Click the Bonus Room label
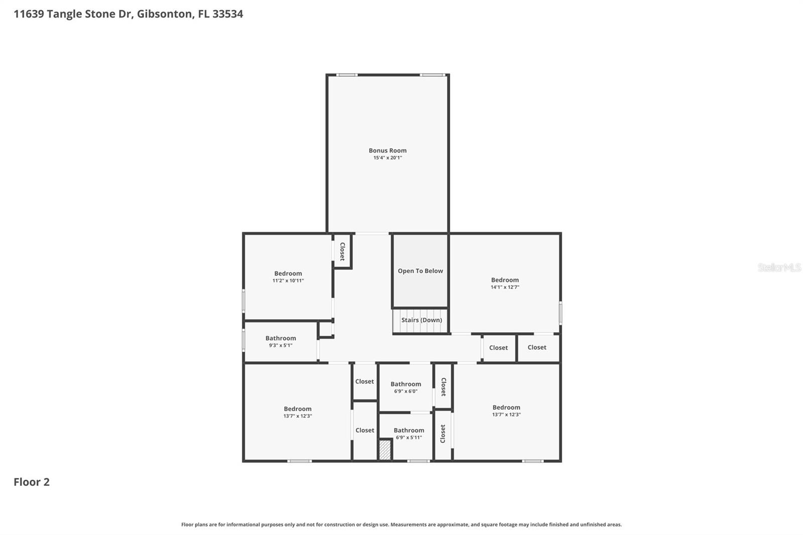click(x=387, y=150)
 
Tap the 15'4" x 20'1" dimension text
click(x=387, y=158)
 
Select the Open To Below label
click(x=420, y=271)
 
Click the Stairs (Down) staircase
click(x=421, y=321)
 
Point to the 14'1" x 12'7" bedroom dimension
click(x=505, y=287)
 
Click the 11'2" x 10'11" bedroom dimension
click(x=288, y=281)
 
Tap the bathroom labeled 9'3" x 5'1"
click(x=281, y=341)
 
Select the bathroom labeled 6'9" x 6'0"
click(x=406, y=387)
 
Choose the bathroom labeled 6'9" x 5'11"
click(x=409, y=434)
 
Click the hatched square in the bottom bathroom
click(x=385, y=450)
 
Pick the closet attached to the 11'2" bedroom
click(x=342, y=251)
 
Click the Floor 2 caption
click(x=32, y=482)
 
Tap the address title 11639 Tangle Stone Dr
click(x=128, y=14)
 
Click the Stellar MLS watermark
click(x=779, y=267)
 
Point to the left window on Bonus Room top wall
click(x=347, y=75)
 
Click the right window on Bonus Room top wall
click(x=432, y=75)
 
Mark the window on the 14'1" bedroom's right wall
click(x=560, y=313)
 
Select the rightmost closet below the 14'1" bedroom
click(x=537, y=347)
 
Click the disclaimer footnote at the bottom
click(x=401, y=524)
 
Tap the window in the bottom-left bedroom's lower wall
click(x=300, y=461)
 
